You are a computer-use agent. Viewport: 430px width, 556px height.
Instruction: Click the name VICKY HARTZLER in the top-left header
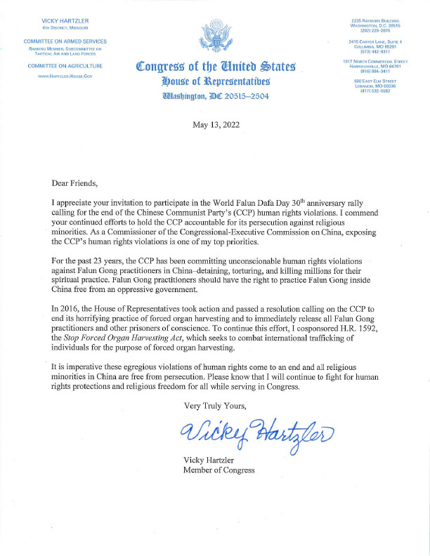click(64, 22)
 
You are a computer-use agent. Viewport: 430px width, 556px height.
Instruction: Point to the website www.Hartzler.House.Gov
click(64, 75)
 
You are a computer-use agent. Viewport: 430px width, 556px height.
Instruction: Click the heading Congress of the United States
click(214, 68)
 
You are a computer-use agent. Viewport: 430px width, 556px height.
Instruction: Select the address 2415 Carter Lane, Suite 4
click(374, 41)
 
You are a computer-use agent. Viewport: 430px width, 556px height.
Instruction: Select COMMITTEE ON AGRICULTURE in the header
click(64, 65)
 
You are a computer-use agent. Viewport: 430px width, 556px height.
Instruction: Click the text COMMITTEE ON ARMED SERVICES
click(64, 41)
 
